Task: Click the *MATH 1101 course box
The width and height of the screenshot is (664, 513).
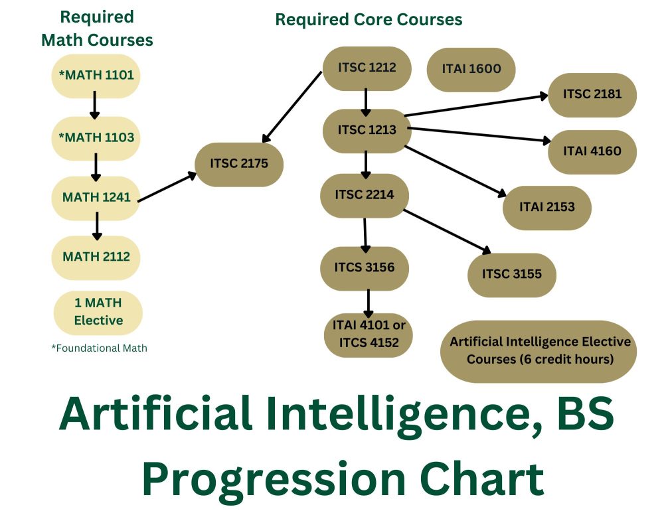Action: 96,76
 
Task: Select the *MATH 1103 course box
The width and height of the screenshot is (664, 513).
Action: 96,138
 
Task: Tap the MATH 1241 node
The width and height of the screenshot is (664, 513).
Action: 96,197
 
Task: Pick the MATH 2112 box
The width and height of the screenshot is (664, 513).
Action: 96,257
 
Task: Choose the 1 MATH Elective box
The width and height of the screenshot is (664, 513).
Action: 98,312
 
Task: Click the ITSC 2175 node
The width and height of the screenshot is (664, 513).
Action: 239,163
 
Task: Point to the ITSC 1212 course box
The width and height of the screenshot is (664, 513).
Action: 367,68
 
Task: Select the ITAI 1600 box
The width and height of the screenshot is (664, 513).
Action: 471,68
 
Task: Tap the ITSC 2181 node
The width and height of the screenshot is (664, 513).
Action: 592,94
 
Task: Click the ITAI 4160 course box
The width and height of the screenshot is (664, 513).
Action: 592,151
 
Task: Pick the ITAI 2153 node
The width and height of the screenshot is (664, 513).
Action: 546,207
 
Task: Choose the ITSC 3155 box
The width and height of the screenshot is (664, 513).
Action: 511,273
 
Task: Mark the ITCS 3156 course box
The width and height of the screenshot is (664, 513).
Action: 365,268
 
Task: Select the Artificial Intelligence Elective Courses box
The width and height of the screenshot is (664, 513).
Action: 539,351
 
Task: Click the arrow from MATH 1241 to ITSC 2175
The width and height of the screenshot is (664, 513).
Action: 167,187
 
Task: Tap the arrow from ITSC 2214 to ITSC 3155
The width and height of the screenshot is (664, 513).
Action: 448,232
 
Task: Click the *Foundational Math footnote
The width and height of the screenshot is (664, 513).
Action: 99,348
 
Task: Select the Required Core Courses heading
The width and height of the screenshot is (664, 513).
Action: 369,20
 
